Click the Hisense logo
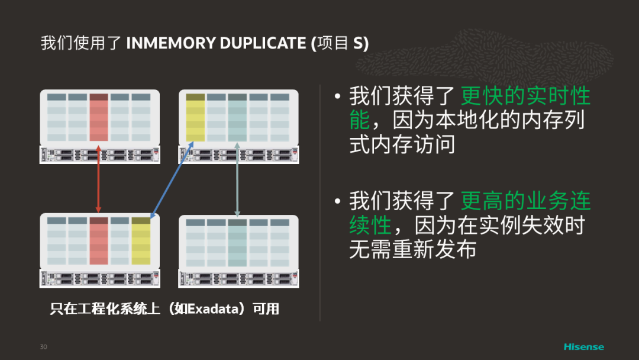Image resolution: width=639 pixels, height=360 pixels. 583,346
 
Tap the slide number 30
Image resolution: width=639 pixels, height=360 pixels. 43,346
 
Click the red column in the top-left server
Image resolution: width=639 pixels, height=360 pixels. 99,118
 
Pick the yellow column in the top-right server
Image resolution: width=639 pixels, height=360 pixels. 195,118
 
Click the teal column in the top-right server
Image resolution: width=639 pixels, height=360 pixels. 237,118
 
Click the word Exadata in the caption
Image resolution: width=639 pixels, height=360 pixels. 212,308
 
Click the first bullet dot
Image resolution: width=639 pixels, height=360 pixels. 337,97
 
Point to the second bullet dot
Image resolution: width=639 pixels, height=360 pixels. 337,201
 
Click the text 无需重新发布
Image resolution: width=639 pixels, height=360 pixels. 412,250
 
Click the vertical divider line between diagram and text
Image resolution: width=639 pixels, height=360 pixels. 320,201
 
